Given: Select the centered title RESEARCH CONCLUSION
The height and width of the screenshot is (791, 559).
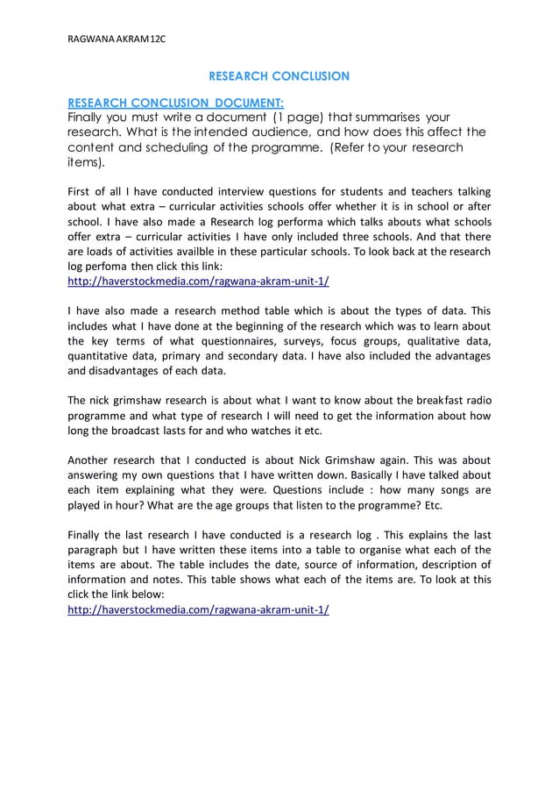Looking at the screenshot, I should pyautogui.click(x=278, y=76).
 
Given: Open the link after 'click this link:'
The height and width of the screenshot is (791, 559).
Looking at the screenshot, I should pyautogui.click(x=198, y=281).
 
